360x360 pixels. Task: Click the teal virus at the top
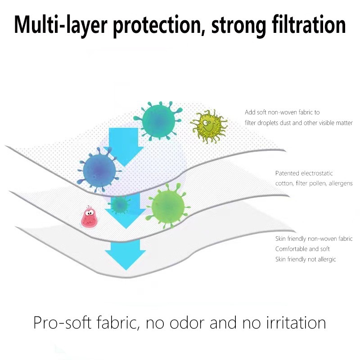(158, 120)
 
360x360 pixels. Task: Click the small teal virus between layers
(120, 205)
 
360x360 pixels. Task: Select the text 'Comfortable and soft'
(302, 249)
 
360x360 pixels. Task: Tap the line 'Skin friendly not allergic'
(306, 259)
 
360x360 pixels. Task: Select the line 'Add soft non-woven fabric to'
(282, 112)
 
